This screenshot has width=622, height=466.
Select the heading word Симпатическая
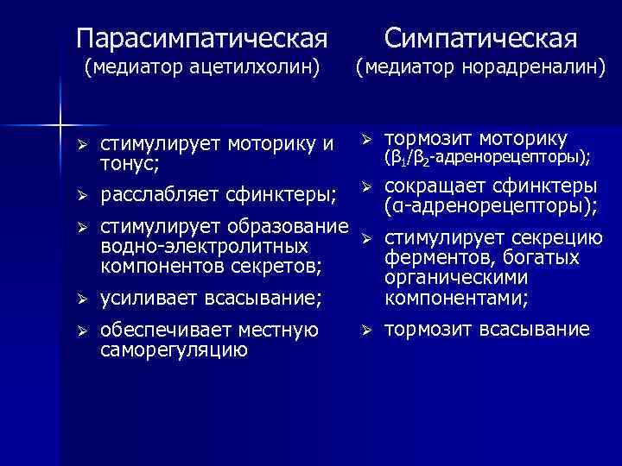[x=480, y=38]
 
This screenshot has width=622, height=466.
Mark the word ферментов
[x=430, y=260]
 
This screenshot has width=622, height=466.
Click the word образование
[x=287, y=228]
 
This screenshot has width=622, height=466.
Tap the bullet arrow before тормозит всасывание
[x=365, y=331]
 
